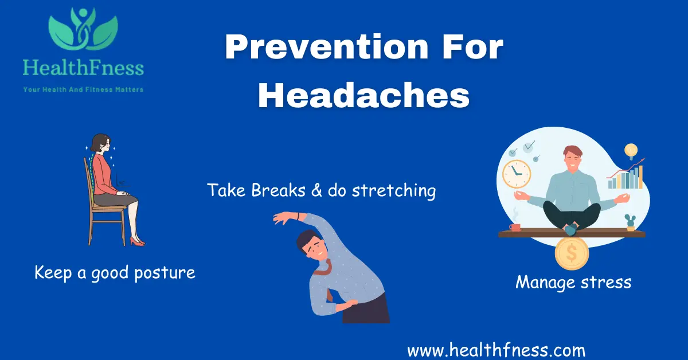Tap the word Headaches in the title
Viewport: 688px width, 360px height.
pos(363,96)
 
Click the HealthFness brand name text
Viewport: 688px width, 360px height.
pos(83,69)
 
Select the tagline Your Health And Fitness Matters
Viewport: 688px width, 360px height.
pos(83,89)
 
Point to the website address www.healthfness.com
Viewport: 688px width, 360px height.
pos(496,349)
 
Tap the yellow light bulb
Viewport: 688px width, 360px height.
pos(631,151)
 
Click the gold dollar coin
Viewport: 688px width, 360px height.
pos(572,253)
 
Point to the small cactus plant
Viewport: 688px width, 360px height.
pos(631,221)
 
